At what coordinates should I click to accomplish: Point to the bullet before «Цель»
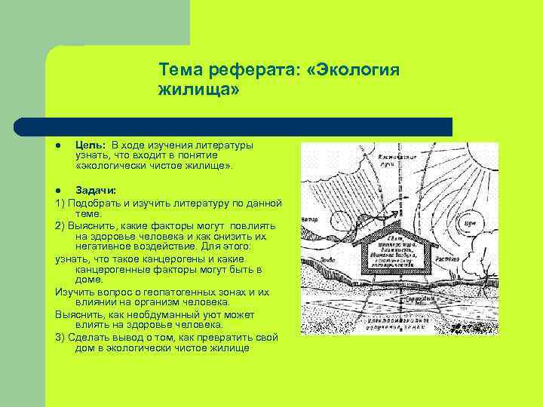tap(58, 144)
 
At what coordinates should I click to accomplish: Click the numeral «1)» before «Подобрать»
tap(61, 203)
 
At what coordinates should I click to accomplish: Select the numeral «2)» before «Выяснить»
tap(61, 225)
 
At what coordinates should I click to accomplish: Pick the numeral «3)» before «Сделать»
tap(61, 337)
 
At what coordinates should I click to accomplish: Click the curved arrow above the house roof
tap(370, 219)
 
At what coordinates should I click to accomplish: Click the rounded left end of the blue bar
tap(23, 127)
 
